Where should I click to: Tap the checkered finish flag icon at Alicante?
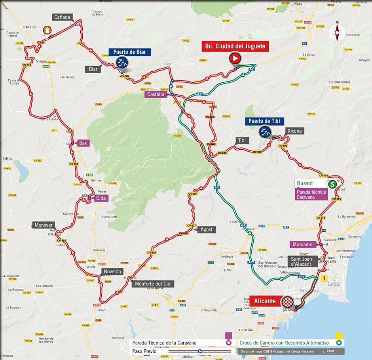click(x=288, y=302)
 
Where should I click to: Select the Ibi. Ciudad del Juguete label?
click(x=235, y=46)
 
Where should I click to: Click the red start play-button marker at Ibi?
click(x=234, y=59)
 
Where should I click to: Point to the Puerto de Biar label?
click(x=130, y=52)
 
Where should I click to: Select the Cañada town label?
click(x=63, y=17)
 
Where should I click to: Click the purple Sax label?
click(x=83, y=143)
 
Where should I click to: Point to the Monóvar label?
click(x=43, y=225)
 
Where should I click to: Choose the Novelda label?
click(x=112, y=271)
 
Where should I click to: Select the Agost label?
click(x=206, y=229)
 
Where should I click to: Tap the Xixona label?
click(x=294, y=131)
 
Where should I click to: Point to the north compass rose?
click(x=337, y=31)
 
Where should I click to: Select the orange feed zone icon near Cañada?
click(x=47, y=30)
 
